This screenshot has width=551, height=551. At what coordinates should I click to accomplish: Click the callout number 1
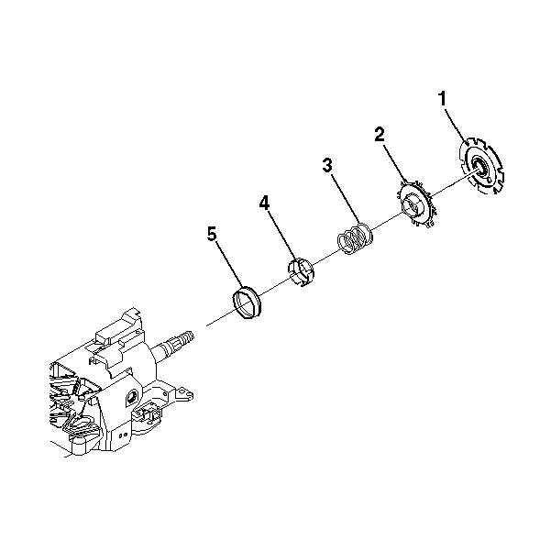pos(443,98)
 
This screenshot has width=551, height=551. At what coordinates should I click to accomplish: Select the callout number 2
pos(380,135)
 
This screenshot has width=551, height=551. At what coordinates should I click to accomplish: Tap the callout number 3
pos(327,166)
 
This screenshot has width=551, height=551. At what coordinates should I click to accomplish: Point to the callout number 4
pos(264,203)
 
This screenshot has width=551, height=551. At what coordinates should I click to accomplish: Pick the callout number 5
pos(212,234)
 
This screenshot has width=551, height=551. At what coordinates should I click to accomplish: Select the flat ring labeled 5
pos(246,303)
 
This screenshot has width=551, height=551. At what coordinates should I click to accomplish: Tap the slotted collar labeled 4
pos(301,272)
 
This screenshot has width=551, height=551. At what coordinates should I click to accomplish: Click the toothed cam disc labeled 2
pos(417,204)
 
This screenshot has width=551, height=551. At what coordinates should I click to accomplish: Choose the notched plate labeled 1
pos(481,166)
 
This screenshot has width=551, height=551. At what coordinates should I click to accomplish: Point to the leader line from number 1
pos(457,126)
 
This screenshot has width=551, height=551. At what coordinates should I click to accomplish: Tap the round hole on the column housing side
pos(131,398)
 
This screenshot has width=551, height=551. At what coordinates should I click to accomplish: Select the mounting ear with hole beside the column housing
pos(184,394)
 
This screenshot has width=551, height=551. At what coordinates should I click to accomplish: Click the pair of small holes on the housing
pos(123,435)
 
